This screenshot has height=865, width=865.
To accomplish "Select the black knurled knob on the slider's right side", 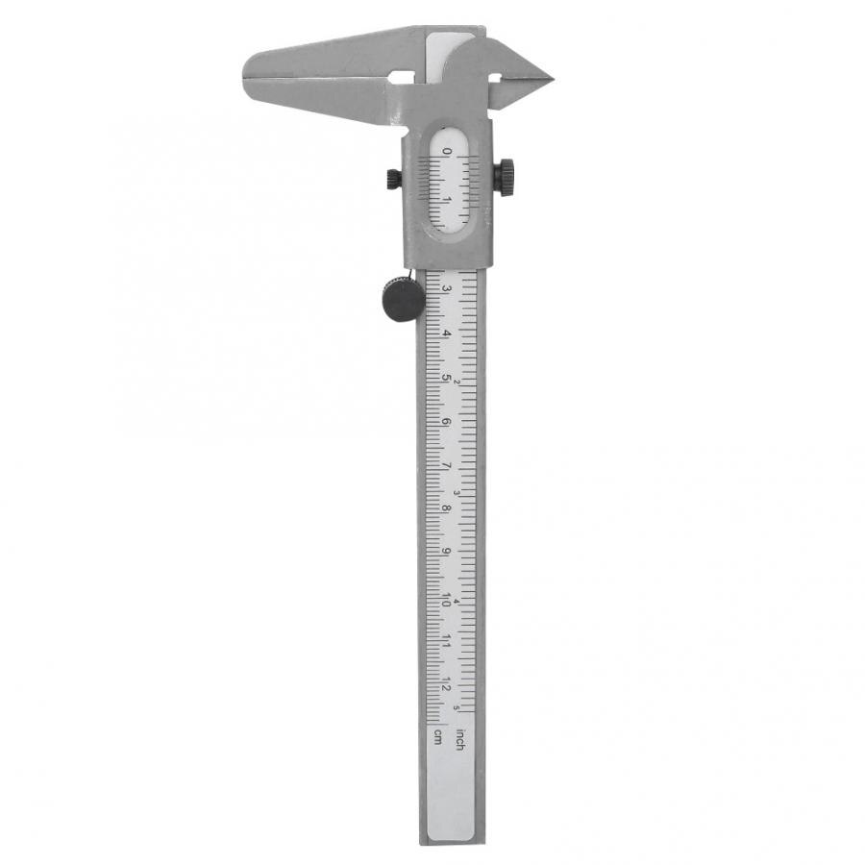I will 504,175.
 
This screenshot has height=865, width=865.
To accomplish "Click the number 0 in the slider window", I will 446,152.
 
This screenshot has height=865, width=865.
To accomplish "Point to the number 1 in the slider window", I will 446,199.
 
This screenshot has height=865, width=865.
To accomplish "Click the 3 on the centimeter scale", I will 446,287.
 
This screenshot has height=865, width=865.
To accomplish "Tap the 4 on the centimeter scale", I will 446,333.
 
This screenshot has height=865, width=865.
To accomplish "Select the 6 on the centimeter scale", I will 446,421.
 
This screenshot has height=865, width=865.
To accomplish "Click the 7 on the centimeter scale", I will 446,465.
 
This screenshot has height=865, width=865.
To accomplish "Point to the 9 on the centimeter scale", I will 446,553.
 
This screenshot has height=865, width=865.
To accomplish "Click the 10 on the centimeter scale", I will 446,597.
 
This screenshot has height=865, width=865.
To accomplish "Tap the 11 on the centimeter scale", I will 446,641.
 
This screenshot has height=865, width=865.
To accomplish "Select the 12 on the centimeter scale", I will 446,686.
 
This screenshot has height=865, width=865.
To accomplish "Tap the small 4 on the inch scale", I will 458,603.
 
